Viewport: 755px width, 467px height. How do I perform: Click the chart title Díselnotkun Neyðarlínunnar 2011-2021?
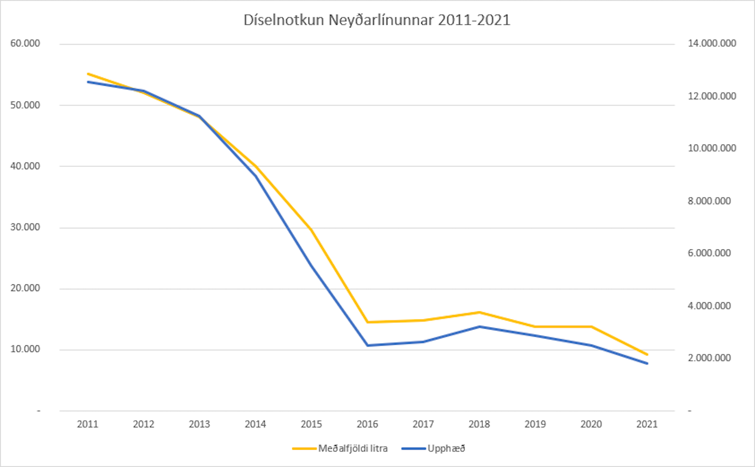pyautogui.click(x=377, y=20)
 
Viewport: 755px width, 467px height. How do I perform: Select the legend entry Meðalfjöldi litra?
pyautogui.click(x=352, y=448)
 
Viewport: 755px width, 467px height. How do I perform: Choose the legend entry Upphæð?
pyautogui.click(x=446, y=448)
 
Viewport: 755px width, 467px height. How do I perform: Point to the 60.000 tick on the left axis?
pyautogui.click(x=25, y=44)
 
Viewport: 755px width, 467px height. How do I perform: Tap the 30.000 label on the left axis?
pyautogui.click(x=25, y=227)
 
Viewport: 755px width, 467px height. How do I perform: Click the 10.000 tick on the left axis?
pyautogui.click(x=25, y=349)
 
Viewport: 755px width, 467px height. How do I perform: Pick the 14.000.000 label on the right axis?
pyautogui.click(x=711, y=44)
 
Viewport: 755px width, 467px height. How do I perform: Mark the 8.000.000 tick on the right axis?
pyautogui.click(x=709, y=201)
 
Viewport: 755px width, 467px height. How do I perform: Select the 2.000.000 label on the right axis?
pyautogui.click(x=709, y=358)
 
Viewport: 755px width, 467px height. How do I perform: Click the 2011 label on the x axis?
pyautogui.click(x=88, y=424)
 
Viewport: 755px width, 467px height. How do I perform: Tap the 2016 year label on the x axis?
pyautogui.click(x=367, y=424)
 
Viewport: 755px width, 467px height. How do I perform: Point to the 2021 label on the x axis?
pyautogui.click(x=647, y=424)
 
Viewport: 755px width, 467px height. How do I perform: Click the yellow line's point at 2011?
pyautogui.click(x=88, y=74)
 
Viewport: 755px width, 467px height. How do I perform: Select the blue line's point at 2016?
pyautogui.click(x=367, y=345)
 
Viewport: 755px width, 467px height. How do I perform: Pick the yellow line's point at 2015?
pyautogui.click(x=311, y=230)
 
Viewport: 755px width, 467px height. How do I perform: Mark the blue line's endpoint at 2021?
pyautogui.click(x=647, y=364)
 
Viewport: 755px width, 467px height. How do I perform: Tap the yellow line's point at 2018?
pyautogui.click(x=479, y=312)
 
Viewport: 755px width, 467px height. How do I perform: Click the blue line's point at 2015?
pyautogui.click(x=311, y=265)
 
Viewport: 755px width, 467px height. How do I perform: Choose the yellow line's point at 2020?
pyautogui.click(x=591, y=327)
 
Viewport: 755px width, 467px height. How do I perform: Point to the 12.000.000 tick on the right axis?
pyautogui.click(x=711, y=96)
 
